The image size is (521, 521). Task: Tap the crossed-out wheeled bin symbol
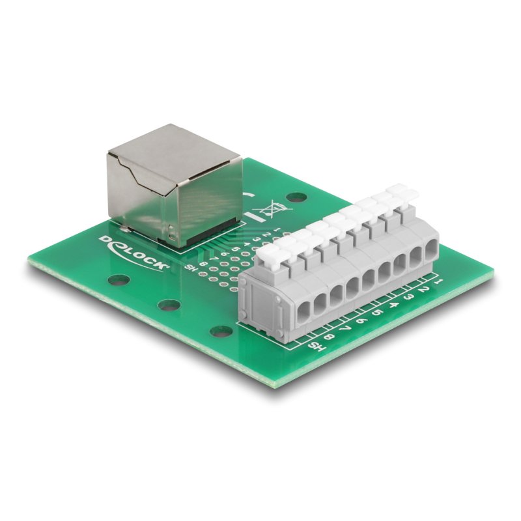[x=268, y=210]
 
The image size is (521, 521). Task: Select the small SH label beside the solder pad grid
[x=191, y=268]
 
